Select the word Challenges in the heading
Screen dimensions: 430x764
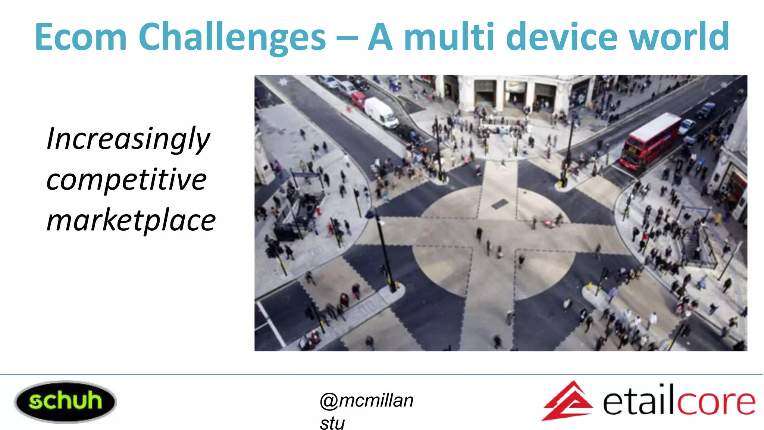pos(232,37)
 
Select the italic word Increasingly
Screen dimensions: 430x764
pos(128,139)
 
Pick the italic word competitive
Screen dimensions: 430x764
pos(126,180)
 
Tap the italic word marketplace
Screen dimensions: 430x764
pos(131,221)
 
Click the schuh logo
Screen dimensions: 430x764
pos(65,402)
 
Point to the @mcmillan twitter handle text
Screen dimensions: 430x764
pos(366,401)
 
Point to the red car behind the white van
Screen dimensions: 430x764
pos(359,100)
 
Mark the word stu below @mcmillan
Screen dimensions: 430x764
pos(332,423)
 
